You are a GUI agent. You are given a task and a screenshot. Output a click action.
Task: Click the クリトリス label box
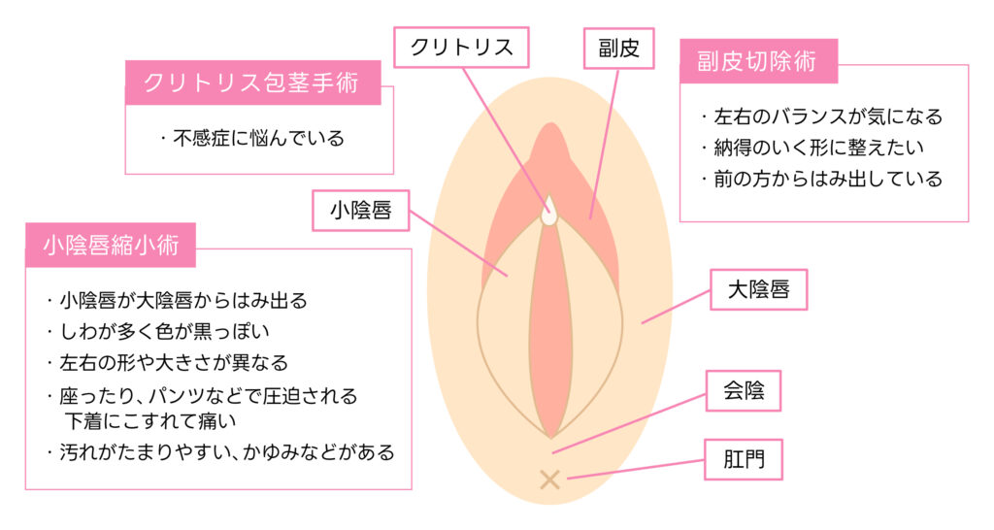click(461, 47)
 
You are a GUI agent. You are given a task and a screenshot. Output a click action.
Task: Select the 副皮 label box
click(618, 49)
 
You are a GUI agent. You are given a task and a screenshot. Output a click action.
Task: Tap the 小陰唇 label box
click(361, 210)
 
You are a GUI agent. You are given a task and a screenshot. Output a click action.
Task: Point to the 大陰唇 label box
click(759, 289)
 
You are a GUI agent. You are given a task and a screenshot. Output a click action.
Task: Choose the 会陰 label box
click(744, 390)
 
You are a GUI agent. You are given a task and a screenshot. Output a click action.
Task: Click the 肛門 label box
click(744, 459)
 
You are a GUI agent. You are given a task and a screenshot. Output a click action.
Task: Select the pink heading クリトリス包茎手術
click(253, 83)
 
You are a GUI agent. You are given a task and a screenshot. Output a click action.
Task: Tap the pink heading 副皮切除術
click(759, 61)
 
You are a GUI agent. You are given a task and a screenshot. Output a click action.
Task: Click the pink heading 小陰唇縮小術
click(111, 245)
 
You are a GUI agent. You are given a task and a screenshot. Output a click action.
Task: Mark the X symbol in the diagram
click(549, 480)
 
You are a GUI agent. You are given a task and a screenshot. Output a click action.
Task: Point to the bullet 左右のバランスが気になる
click(821, 116)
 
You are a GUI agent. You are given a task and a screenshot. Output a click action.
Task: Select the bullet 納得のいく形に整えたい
click(812, 148)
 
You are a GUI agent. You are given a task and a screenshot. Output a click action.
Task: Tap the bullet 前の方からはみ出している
click(821, 179)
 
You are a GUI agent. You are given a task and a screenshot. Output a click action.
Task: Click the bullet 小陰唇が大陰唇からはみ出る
click(177, 300)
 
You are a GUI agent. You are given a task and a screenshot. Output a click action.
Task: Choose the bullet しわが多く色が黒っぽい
click(158, 331)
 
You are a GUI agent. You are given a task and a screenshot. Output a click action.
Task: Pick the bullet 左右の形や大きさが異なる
click(167, 363)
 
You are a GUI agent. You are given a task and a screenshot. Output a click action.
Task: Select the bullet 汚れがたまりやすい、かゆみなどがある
click(220, 452)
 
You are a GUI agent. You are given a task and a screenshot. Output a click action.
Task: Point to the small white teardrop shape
click(549, 211)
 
